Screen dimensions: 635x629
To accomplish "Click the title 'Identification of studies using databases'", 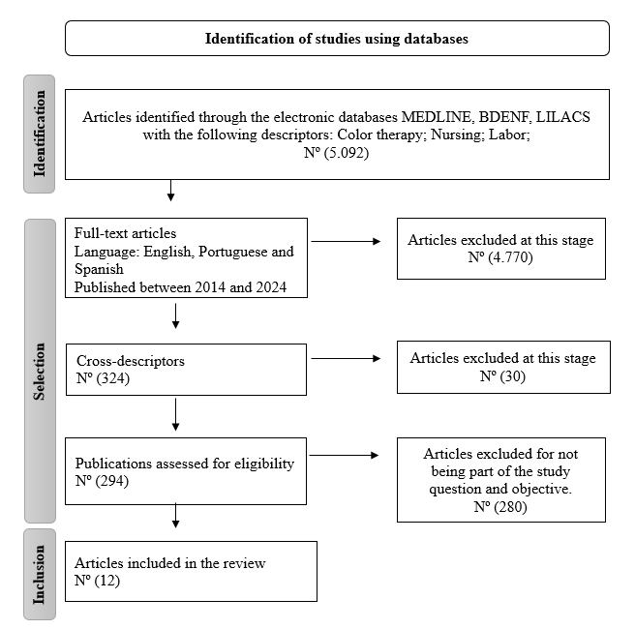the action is [x=337, y=39].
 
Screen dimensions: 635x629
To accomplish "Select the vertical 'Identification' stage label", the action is [x=40, y=134].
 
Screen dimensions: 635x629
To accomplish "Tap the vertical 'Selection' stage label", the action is [x=40, y=372].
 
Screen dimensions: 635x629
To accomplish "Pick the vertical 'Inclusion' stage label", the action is [x=40, y=575].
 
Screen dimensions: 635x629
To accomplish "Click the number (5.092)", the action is [x=347, y=153].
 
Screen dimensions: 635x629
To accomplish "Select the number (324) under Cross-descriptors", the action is [x=113, y=378].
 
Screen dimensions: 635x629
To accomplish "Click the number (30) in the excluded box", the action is [x=513, y=376].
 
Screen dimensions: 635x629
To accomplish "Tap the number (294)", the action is [x=112, y=481].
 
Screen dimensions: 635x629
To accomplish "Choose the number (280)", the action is [x=510, y=507].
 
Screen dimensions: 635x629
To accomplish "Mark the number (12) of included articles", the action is [x=107, y=581].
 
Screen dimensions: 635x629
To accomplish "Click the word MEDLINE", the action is [x=437, y=117].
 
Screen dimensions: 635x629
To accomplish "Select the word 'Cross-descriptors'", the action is [x=131, y=361].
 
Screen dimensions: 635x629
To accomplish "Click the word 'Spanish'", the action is [x=99, y=269].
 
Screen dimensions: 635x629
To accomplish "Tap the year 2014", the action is [x=210, y=287].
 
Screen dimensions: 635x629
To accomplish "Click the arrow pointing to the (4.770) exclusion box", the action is [x=346, y=242].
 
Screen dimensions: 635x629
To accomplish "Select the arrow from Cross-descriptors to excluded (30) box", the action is [x=346, y=358].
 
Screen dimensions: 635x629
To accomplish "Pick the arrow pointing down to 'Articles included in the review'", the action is [x=176, y=516].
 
